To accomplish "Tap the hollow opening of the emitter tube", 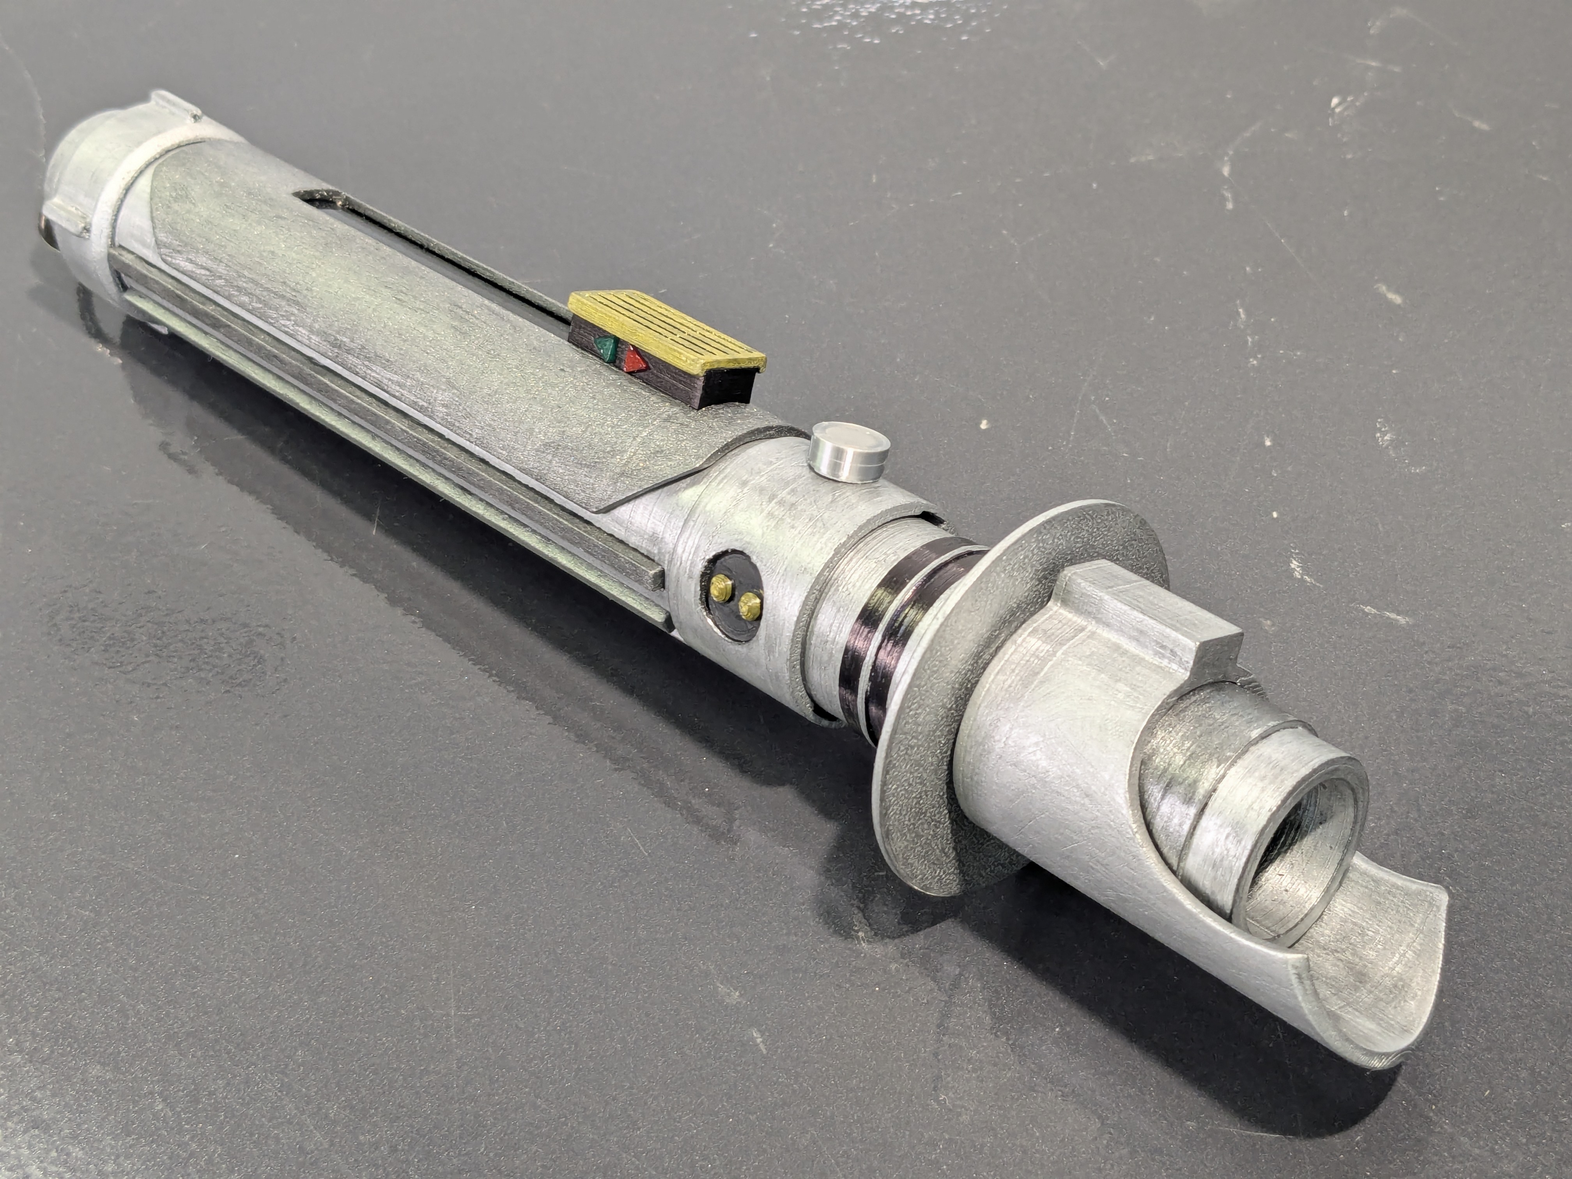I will click(x=1301, y=846).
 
